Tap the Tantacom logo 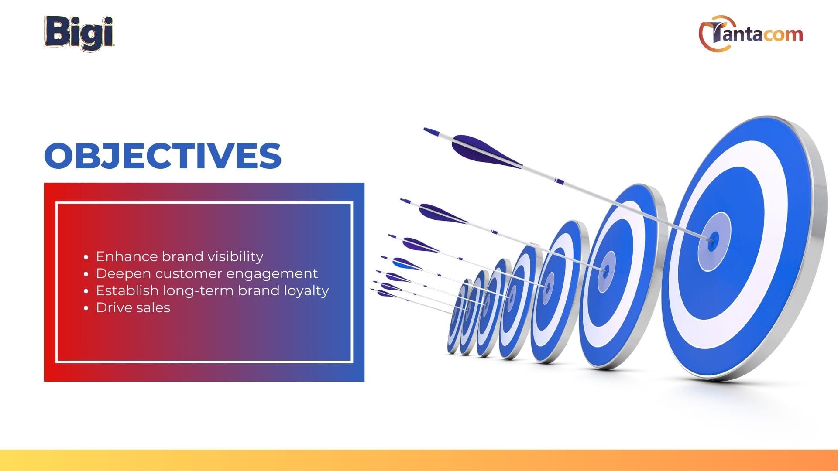click(x=751, y=33)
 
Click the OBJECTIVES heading click(x=163, y=156)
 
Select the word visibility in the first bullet click(x=235, y=256)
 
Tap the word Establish click(x=127, y=290)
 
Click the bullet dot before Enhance click(x=86, y=257)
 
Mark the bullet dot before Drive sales click(x=86, y=308)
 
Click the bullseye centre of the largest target click(x=713, y=239)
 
